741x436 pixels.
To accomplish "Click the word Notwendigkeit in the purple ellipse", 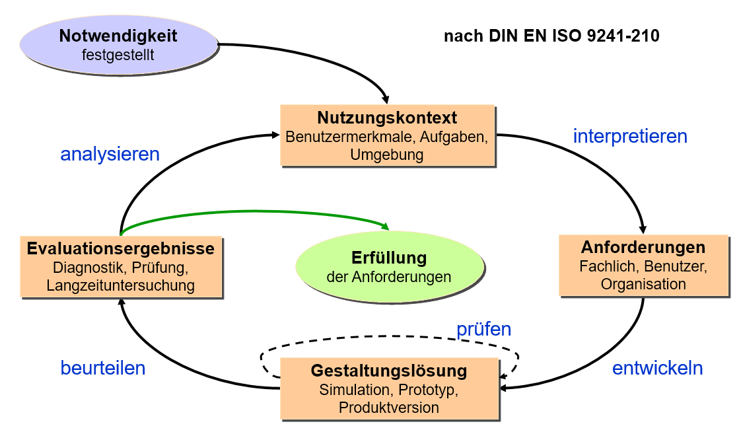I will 118,36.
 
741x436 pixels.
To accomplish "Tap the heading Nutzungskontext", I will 387,118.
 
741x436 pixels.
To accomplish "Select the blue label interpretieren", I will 630,136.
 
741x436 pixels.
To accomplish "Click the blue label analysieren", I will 110,154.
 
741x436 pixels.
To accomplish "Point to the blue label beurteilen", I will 103,368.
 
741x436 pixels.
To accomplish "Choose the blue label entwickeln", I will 657,368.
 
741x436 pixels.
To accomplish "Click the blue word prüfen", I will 484,329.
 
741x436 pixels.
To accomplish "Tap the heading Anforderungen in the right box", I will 643,248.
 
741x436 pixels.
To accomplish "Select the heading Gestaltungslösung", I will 389,371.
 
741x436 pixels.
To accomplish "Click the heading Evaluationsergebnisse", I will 121,248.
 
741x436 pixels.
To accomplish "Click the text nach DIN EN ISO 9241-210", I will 551,36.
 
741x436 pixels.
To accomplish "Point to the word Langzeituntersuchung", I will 121,285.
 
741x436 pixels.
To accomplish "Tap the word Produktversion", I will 389,408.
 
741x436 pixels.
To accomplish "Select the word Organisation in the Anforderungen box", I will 643,285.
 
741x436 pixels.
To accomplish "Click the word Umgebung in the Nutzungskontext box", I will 387,155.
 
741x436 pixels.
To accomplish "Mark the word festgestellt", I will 118,54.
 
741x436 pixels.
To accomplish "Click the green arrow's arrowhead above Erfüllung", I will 385,227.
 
